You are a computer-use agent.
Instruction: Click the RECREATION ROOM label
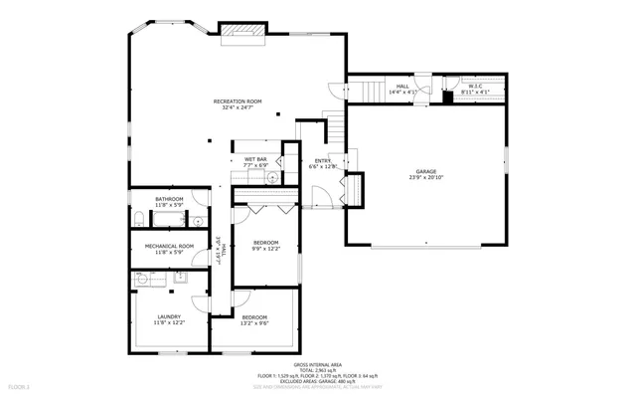point(238,100)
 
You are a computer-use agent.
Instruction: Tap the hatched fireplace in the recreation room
point(242,32)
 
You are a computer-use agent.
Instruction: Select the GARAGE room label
point(425,171)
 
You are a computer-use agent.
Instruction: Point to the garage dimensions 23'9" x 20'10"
point(425,178)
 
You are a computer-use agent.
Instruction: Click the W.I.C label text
point(475,87)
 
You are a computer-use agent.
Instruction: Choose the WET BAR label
point(255,159)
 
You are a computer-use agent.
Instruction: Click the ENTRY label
point(323,160)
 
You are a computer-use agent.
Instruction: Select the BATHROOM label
point(168,198)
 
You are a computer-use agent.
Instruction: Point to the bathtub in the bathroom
point(168,216)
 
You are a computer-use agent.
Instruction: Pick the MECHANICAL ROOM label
point(168,246)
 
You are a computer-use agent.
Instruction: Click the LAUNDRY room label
point(168,316)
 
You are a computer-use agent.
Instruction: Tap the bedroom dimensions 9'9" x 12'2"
point(266,249)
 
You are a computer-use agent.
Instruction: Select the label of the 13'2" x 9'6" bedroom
point(254,316)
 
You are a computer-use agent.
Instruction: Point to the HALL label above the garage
point(402,87)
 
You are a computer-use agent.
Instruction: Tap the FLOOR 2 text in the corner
point(20,385)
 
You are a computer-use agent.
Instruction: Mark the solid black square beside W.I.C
point(448,97)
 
